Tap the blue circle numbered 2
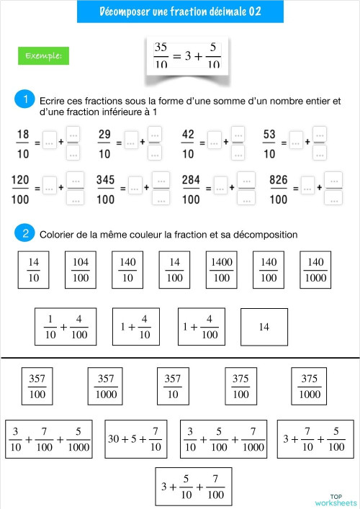(25, 233)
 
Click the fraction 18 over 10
(22, 143)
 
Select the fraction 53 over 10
(269, 143)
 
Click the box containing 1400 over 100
(222, 269)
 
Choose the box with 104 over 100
(81, 269)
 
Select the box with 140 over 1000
(315, 269)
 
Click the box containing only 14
(264, 326)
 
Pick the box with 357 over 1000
(106, 386)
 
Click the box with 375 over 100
(241, 386)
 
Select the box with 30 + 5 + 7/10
(135, 438)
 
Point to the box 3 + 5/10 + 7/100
(194, 486)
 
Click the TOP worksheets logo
(336, 499)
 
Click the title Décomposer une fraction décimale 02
(180, 12)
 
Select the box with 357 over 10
(173, 386)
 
